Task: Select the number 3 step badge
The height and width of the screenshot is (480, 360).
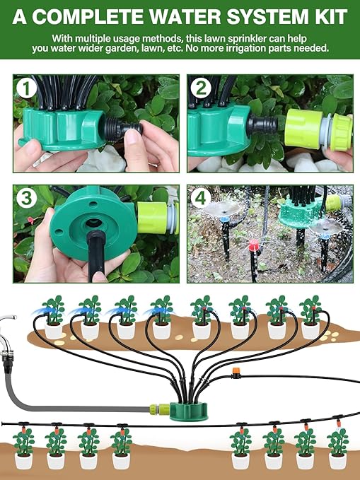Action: [x=27, y=199]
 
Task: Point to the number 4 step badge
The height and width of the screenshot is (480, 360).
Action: [x=202, y=199]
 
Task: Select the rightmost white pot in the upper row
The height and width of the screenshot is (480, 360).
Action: [x=310, y=329]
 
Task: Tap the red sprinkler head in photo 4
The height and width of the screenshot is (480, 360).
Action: [x=252, y=246]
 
